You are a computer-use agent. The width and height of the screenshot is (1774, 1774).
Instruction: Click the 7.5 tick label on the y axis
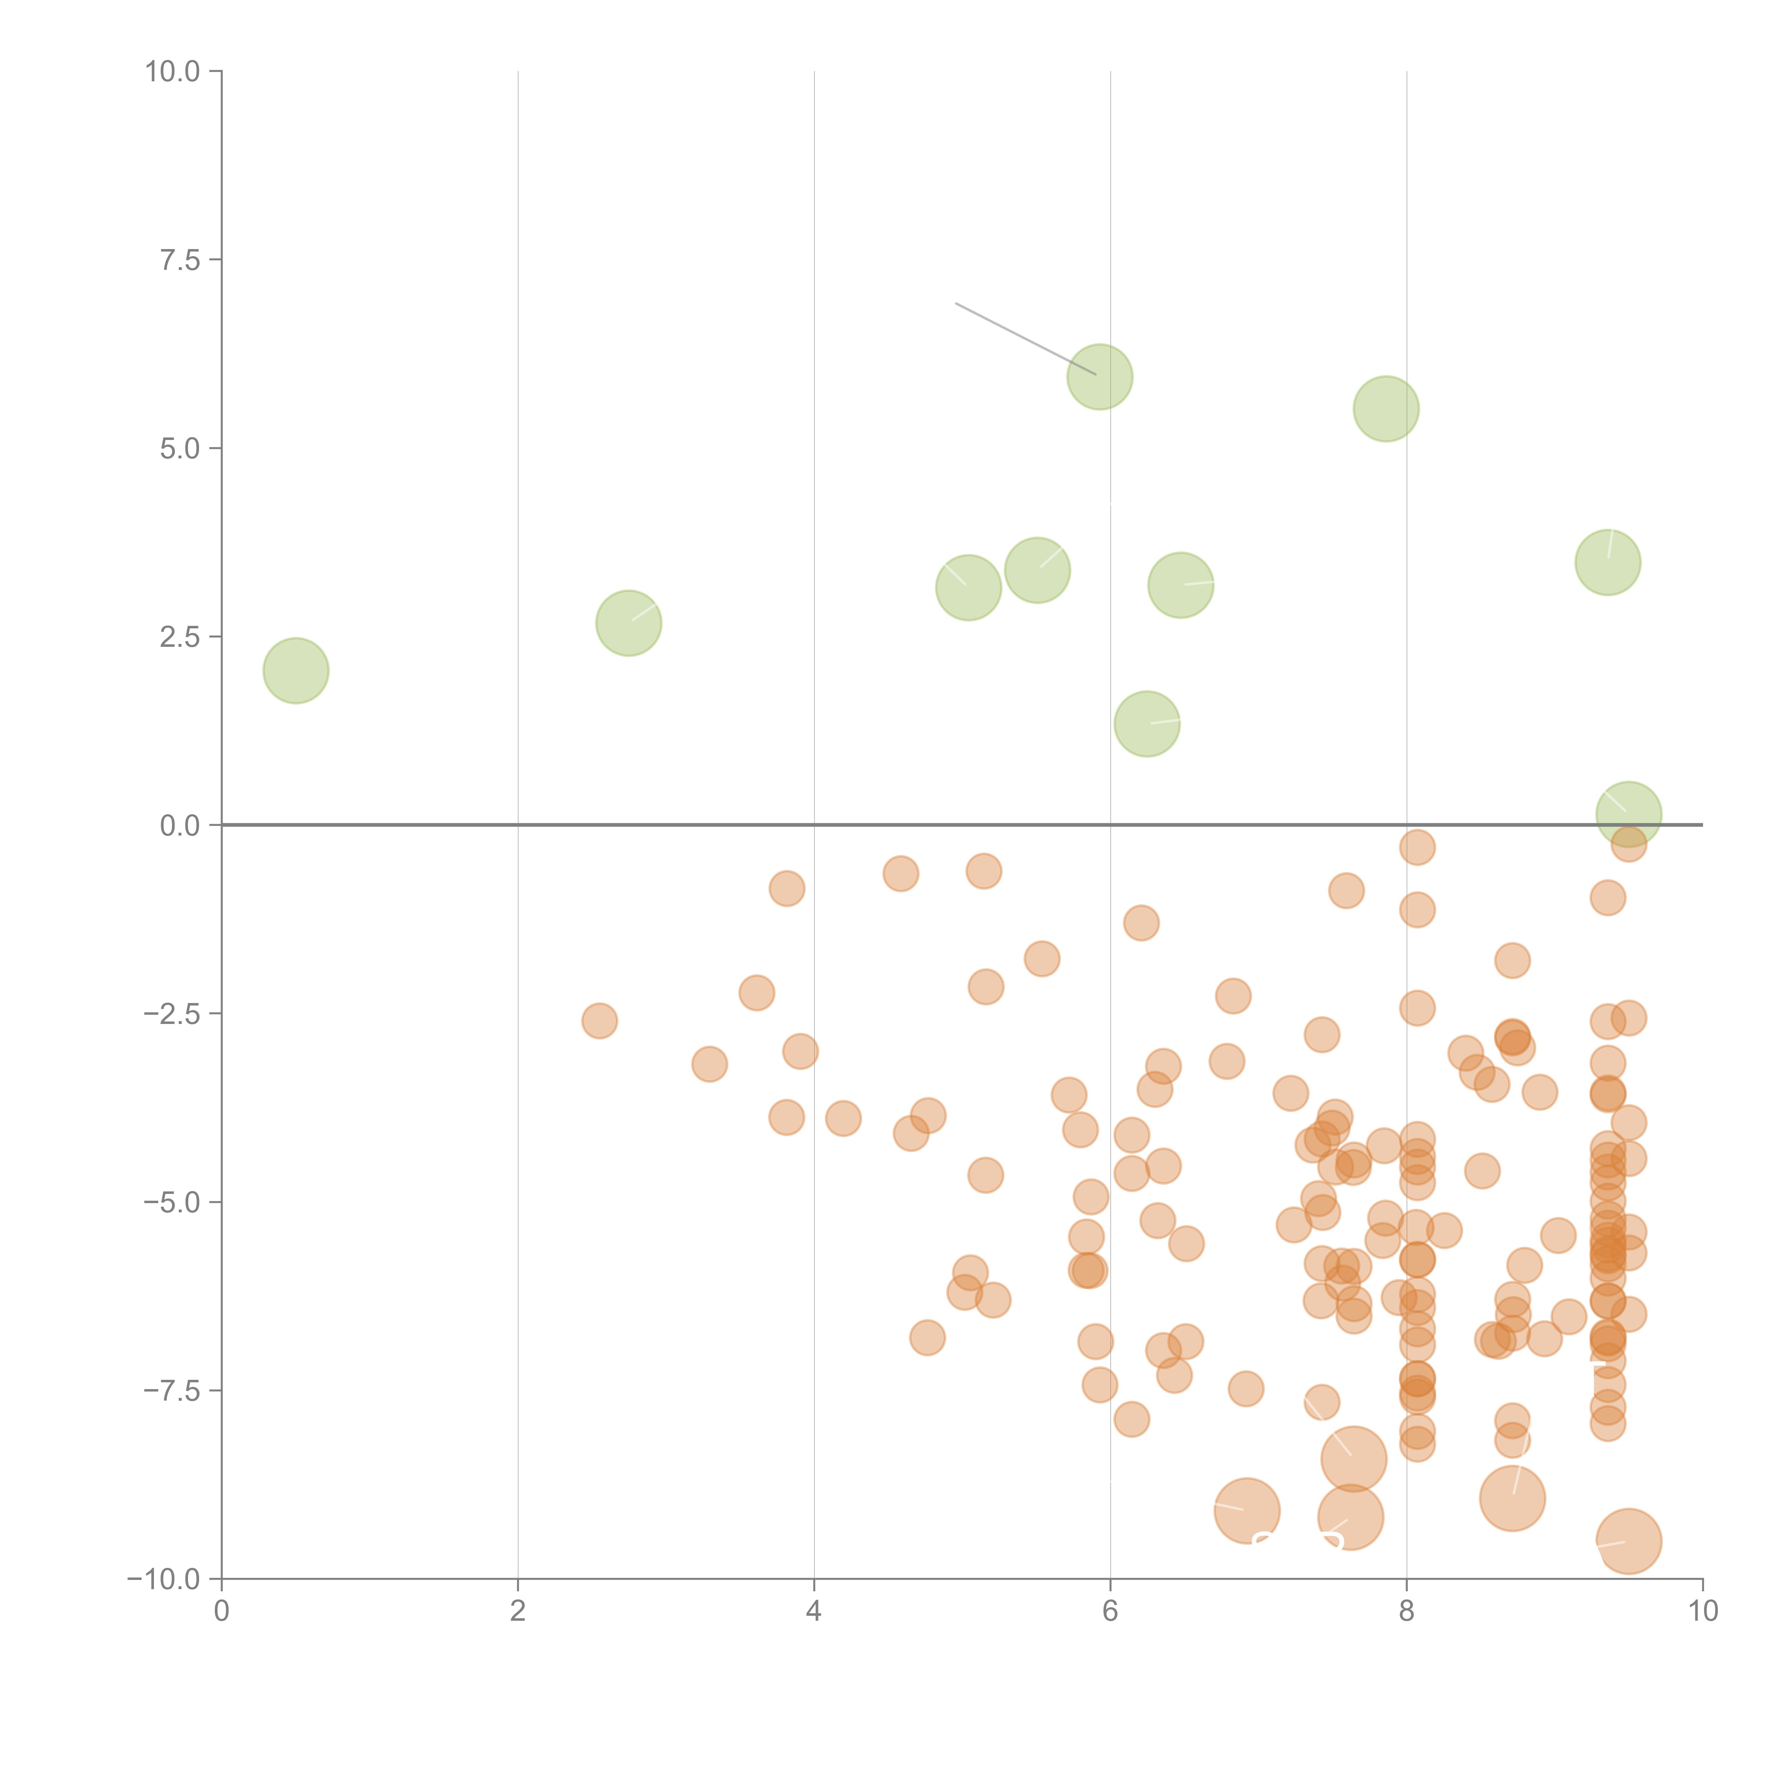coord(180,260)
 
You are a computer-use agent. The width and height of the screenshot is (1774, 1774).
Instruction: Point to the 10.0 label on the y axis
coord(173,72)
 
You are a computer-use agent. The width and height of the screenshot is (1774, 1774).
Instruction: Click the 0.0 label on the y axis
coord(180,826)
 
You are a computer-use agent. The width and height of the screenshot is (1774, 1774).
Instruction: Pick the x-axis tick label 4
coord(814,1612)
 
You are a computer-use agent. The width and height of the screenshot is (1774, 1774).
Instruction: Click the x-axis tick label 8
coord(1407,1612)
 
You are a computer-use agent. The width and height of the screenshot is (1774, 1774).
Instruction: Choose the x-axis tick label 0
coord(221,1612)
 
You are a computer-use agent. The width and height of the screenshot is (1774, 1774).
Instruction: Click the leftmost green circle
coord(296,670)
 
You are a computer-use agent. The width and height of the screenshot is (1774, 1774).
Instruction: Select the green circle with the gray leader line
coord(1100,376)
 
